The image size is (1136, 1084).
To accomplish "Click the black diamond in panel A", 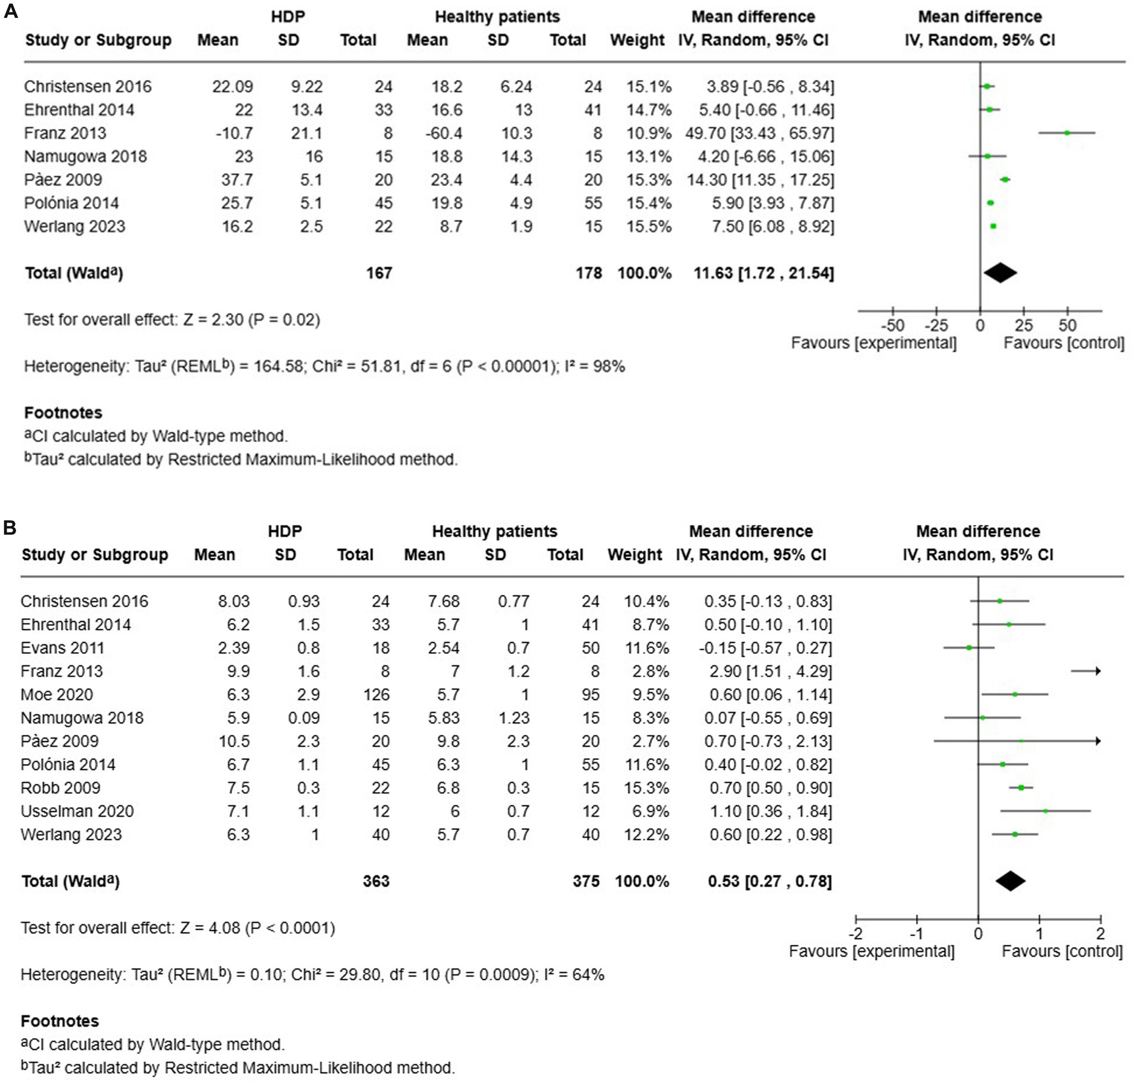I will tap(1000, 273).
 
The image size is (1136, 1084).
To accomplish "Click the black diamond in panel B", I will tap(1010, 881).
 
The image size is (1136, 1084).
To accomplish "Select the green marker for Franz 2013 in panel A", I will tap(1067, 133).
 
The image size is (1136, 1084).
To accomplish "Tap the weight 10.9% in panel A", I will tap(648, 133).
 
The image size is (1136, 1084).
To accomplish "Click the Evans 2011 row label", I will tap(62, 648).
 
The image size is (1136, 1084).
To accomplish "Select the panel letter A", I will tap(10, 11).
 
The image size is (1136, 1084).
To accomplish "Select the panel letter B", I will tap(10, 527).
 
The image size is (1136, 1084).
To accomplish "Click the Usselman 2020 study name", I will tap(77, 811).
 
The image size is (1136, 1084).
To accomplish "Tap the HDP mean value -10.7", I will tap(234, 133).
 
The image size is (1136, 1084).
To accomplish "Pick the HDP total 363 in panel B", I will tap(376, 881).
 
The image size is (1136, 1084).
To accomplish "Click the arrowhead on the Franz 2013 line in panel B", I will tap(1097, 671).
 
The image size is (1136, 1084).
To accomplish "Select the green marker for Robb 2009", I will tap(1021, 788).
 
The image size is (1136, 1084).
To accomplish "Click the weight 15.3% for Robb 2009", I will tap(646, 788).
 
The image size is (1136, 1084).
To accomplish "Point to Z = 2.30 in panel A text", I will tap(213, 320).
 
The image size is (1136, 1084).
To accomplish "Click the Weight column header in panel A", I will tap(636, 40).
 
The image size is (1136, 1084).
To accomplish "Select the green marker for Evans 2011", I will tap(968, 648).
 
